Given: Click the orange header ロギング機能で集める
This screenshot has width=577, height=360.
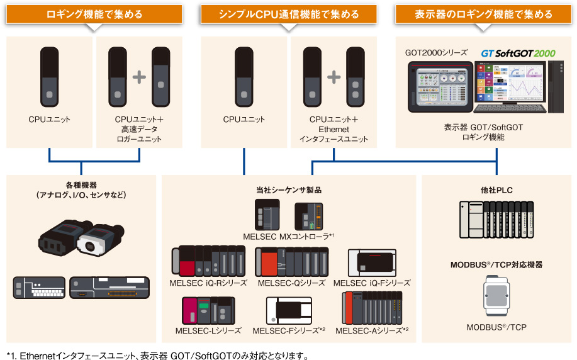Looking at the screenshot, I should [x=94, y=14].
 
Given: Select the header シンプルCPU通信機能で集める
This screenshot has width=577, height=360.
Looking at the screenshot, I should [x=289, y=14].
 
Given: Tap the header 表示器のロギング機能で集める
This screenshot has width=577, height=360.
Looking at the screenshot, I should [x=483, y=14].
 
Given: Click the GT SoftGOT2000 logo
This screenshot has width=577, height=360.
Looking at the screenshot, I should [x=518, y=53].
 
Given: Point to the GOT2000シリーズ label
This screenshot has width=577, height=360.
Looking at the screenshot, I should [x=437, y=53].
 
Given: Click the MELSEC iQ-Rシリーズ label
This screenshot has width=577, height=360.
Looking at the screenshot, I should [x=208, y=283].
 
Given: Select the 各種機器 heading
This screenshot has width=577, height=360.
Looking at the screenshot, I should [x=82, y=186].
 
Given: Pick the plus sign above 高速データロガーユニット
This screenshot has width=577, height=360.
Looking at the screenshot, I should [x=139, y=77].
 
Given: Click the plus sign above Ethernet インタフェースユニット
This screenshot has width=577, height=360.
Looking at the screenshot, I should [x=333, y=77].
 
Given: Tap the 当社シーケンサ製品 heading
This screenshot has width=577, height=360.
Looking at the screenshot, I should [x=289, y=189].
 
